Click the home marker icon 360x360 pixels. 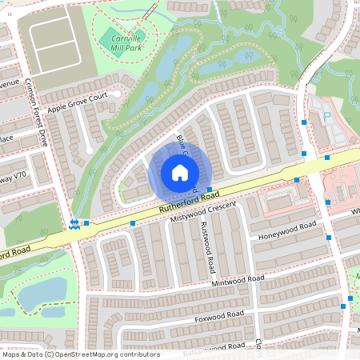(180, 173)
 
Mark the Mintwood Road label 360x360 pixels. (238, 281)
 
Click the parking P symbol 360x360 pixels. (326, 117)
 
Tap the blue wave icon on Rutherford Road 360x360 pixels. (74, 224)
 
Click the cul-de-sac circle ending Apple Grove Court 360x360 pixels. (117, 94)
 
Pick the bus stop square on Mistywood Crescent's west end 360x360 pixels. (133, 223)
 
